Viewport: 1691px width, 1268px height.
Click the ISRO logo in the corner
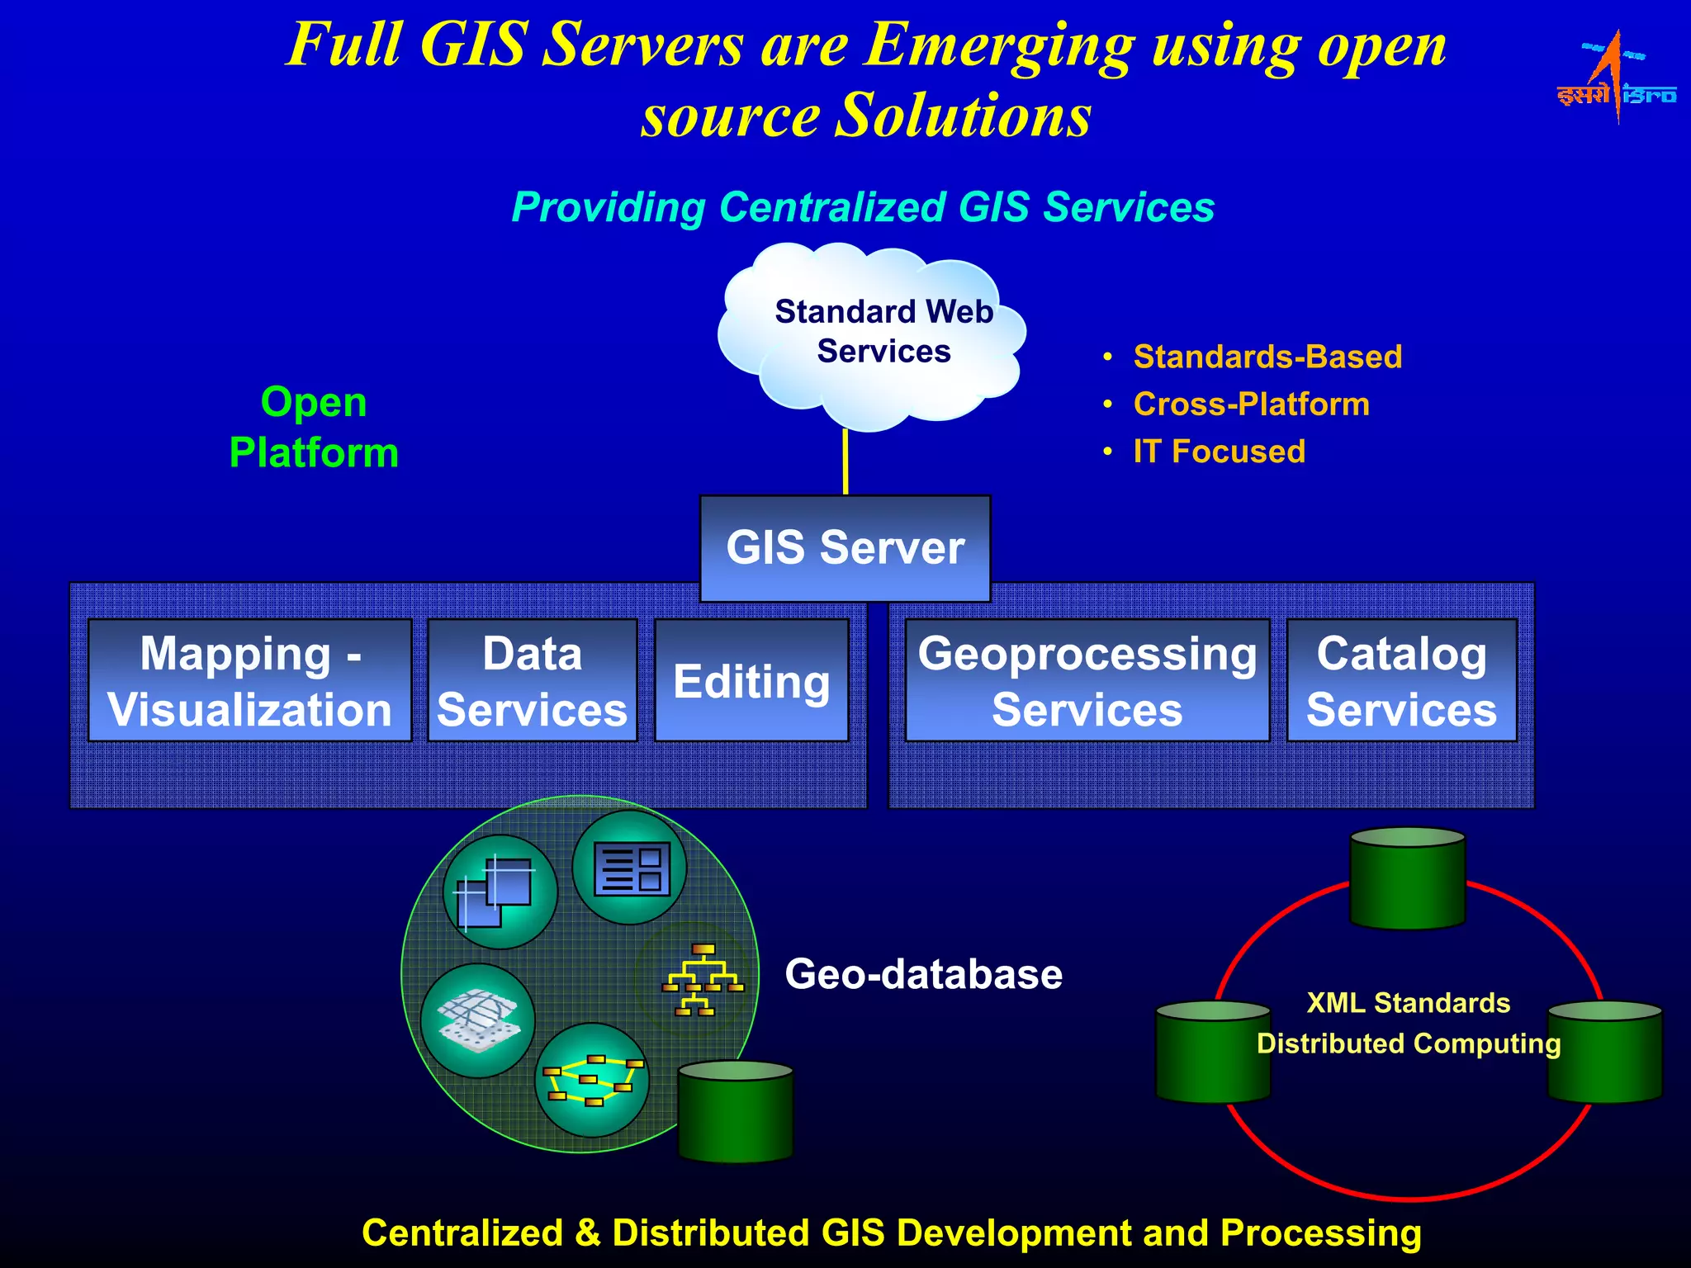[1616, 79]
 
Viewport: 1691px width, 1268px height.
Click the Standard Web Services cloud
[872, 334]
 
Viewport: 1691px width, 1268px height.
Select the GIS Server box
[845, 548]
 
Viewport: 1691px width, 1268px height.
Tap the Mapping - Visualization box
[249, 680]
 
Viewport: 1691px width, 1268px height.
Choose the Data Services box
[533, 680]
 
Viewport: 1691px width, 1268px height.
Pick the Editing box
[751, 680]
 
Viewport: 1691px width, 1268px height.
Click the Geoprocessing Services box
[1087, 680]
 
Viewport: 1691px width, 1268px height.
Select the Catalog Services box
[1401, 680]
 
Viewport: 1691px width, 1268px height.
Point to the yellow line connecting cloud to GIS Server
[845, 462]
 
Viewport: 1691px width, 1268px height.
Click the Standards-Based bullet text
[1267, 357]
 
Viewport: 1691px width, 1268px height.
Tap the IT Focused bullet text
[1219, 452]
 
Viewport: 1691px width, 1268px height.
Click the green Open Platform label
[314, 427]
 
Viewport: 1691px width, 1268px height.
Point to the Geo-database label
[923, 974]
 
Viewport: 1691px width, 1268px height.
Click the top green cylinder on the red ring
[1407, 878]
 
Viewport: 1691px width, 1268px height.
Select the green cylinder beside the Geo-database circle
[735, 1112]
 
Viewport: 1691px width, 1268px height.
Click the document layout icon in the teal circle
[630, 868]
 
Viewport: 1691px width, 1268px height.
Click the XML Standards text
[1408, 1003]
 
